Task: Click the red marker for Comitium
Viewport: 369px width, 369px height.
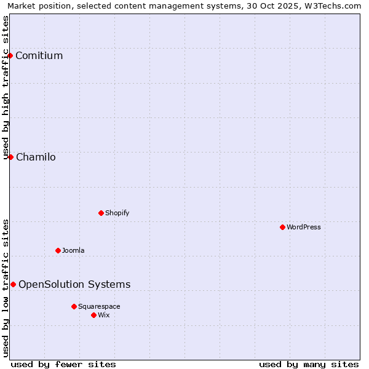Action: pos(10,56)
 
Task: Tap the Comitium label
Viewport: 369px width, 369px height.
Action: pos(39,56)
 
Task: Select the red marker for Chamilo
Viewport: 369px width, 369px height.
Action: pos(10,157)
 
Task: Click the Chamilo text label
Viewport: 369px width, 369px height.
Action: pos(36,157)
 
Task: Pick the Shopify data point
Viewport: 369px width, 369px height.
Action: pos(101,213)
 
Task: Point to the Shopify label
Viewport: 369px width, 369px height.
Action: pos(117,213)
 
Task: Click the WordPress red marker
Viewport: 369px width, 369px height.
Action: pos(282,227)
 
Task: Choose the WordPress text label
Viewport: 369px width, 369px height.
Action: pos(303,228)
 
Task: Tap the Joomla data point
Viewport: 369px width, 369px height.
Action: pos(58,250)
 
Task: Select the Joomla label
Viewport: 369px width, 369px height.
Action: pos(73,251)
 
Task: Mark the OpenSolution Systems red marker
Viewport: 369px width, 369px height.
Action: pos(13,284)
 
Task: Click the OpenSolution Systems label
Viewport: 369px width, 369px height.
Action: pos(74,284)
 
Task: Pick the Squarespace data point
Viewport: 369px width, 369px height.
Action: pos(74,306)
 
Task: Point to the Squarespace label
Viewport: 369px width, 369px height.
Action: pos(99,307)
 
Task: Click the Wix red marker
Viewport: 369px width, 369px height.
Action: pos(93,315)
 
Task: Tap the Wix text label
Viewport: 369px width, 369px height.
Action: pos(104,315)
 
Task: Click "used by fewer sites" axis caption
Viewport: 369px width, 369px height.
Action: pos(63,364)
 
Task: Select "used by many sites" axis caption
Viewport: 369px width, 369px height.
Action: pos(309,364)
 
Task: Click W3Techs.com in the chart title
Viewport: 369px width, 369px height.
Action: pos(335,6)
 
